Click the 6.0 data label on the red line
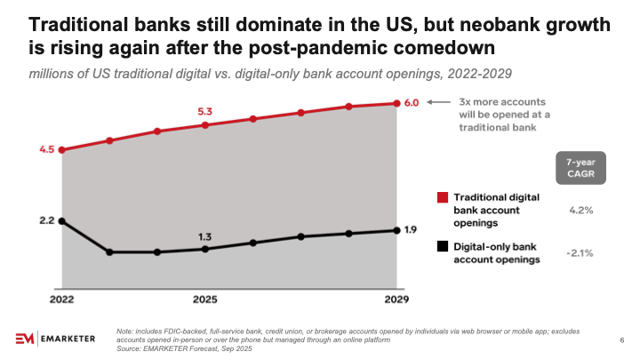click(411, 103)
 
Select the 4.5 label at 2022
click(47, 149)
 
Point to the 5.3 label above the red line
click(205, 112)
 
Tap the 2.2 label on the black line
click(47, 220)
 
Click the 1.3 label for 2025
click(205, 236)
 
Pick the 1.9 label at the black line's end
click(411, 230)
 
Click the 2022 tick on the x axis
click(61, 300)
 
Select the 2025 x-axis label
click(205, 300)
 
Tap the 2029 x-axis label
click(396, 300)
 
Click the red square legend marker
click(443, 196)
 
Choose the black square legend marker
click(443, 246)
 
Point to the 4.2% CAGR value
click(580, 211)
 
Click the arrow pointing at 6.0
click(437, 103)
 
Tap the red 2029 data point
click(396, 103)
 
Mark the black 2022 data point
click(61, 220)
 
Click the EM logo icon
click(27, 339)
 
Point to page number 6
click(620, 340)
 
